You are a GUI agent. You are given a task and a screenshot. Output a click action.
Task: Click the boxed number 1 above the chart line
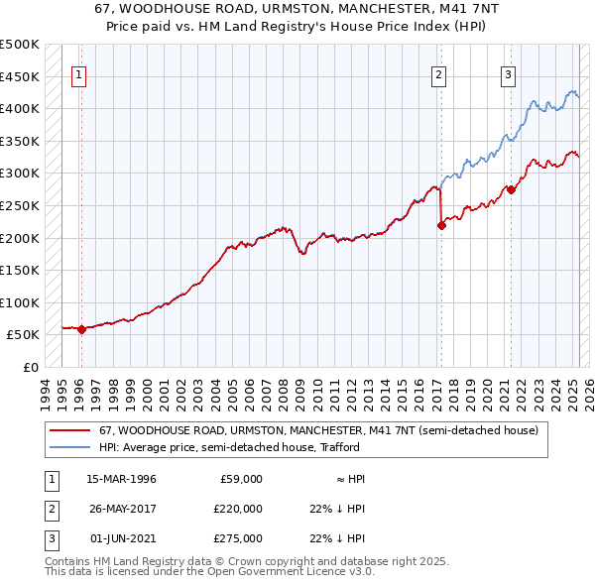(x=78, y=73)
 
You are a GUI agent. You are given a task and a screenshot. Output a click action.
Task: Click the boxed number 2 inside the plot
(x=438, y=73)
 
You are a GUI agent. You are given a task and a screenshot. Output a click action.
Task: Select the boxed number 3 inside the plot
(x=508, y=73)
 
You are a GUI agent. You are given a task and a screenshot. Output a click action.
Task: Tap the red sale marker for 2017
(x=442, y=225)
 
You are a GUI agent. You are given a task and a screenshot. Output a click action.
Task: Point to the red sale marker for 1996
(x=81, y=330)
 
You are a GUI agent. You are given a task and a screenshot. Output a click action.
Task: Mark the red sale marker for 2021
(x=511, y=189)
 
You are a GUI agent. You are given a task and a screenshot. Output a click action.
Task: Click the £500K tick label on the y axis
(x=20, y=45)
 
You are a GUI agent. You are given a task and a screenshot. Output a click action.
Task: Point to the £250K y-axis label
(x=20, y=205)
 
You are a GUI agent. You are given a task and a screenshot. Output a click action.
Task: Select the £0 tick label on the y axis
(x=30, y=367)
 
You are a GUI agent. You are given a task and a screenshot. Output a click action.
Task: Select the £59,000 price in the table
(x=240, y=479)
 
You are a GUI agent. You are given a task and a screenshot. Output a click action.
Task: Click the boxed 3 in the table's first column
(x=51, y=538)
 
